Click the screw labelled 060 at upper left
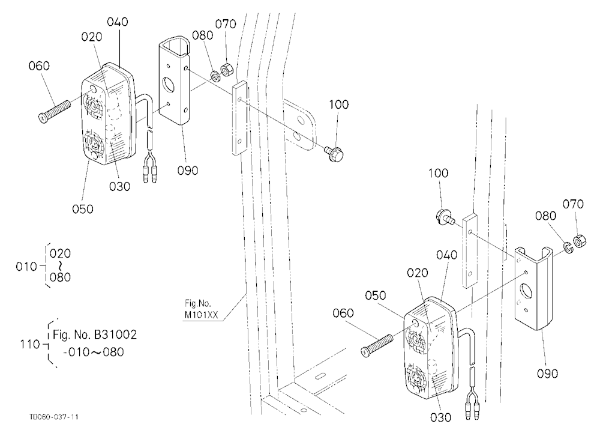tap(55, 111)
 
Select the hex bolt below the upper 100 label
tap(335, 153)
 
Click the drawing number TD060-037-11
tap(54, 417)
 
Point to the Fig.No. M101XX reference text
tap(201, 309)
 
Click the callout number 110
tap(30, 344)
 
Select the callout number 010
tap(26, 266)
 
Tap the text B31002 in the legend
tap(115, 335)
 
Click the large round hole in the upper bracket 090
tap(167, 84)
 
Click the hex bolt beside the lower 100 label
tap(446, 217)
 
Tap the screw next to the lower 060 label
tap(377, 345)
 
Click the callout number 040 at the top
tap(118, 22)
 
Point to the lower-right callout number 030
tap(440, 417)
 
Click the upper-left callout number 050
tap(83, 209)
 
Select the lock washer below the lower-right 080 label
tap(568, 247)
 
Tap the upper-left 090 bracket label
tap(187, 170)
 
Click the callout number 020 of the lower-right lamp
tap(417, 273)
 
